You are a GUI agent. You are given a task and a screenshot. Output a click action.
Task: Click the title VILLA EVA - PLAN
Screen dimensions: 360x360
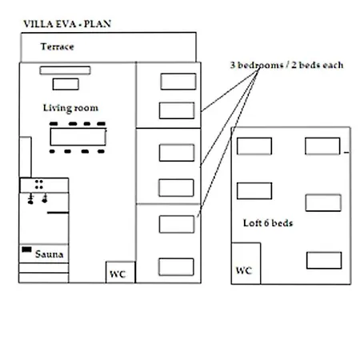point(67,24)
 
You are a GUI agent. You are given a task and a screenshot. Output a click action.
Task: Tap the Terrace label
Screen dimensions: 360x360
point(58,46)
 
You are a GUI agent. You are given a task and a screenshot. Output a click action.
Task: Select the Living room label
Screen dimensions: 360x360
point(70,108)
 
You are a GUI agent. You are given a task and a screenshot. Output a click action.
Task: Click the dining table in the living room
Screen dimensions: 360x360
point(78,137)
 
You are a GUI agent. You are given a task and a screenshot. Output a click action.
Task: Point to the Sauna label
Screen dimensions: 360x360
point(50,254)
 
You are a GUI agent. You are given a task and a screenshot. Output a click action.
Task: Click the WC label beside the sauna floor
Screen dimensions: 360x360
point(118,274)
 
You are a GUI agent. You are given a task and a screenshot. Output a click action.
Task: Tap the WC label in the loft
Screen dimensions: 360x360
point(244,270)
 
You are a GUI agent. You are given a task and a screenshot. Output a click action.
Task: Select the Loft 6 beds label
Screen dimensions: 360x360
point(268,223)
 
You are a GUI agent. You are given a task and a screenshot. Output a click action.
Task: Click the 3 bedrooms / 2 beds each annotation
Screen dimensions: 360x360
point(287,65)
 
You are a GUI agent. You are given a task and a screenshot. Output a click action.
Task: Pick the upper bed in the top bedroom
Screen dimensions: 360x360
point(178,82)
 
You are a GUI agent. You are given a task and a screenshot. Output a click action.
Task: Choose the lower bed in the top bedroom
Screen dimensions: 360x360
point(177,110)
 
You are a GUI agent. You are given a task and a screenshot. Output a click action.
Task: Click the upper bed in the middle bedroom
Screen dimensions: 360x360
point(177,153)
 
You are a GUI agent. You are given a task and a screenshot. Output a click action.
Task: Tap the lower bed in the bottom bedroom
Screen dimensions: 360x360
point(176,266)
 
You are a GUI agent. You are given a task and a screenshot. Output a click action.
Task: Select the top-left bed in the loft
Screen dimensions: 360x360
point(254,146)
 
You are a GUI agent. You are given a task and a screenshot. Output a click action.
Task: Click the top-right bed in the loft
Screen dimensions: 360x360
point(322,146)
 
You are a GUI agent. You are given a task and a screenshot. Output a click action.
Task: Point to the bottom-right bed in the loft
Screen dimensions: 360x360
point(324,260)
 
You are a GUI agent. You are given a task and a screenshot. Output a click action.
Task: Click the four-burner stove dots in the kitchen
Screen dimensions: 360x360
point(39,184)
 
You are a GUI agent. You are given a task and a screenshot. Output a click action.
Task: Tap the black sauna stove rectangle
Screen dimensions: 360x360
point(26,250)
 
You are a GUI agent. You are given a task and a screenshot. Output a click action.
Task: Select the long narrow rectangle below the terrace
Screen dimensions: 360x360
point(65,70)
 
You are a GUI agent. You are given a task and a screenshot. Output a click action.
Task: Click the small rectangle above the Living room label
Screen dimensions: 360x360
point(66,84)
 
